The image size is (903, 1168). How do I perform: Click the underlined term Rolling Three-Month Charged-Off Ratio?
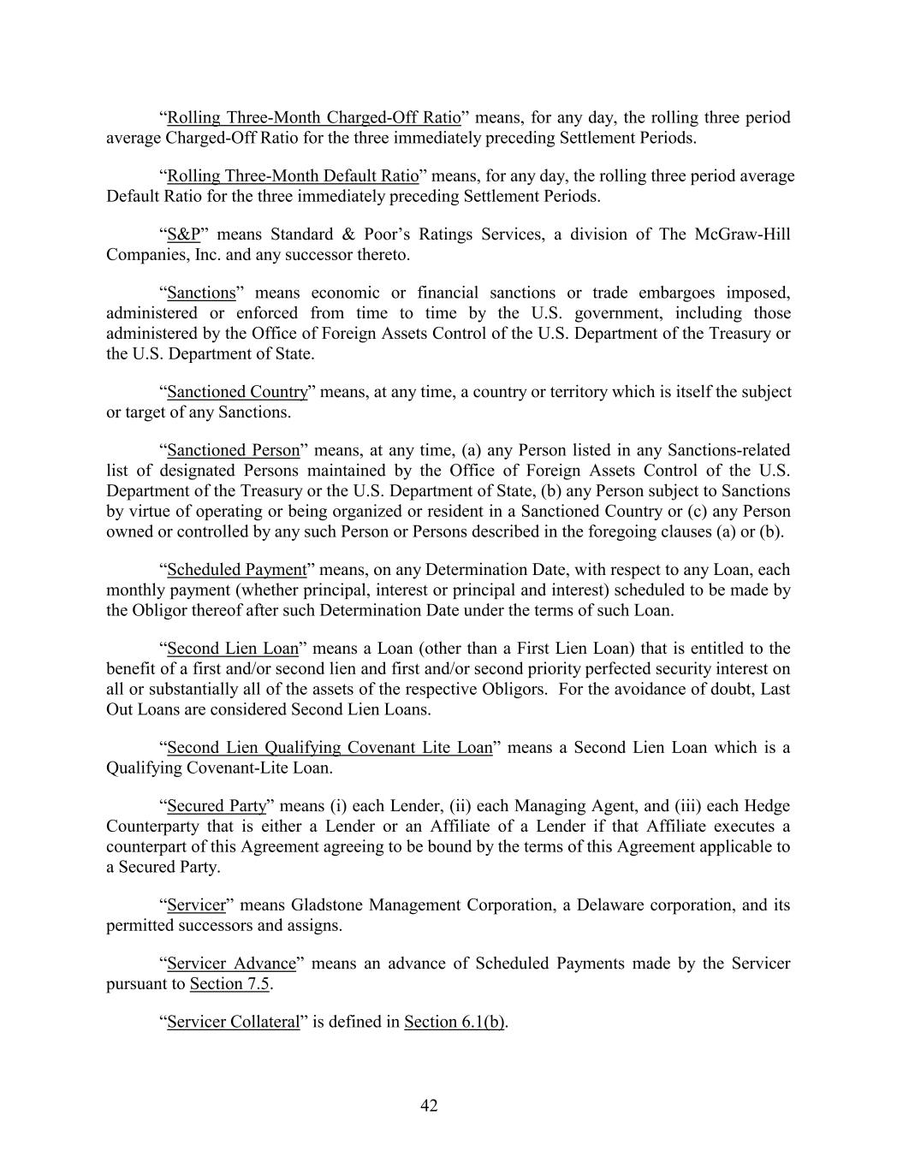313,117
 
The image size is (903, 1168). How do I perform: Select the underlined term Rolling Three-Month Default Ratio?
293,176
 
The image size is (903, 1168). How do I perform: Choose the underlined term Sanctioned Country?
237,392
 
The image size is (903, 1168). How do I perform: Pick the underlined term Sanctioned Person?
234,450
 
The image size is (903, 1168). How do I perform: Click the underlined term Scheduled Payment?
236,570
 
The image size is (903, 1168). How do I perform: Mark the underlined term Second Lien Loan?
232,649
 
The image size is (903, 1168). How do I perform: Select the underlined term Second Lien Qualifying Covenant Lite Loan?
330,748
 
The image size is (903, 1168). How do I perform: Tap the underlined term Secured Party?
217,806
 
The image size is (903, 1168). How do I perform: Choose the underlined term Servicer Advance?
231,963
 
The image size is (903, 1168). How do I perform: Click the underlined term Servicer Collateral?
234,1022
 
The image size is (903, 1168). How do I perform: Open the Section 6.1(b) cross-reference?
454,1022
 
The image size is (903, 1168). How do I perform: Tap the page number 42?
429,1106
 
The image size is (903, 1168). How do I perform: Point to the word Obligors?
514,690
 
